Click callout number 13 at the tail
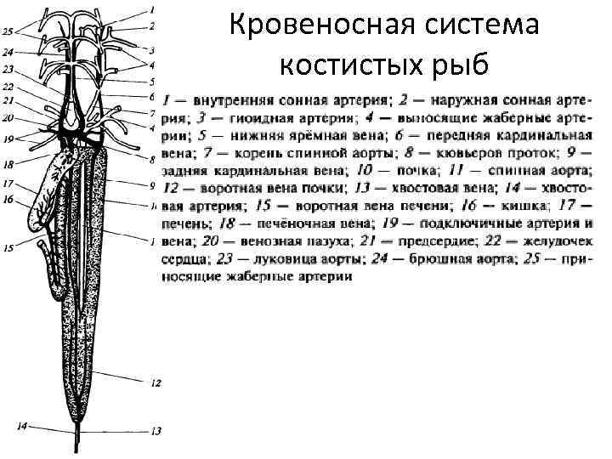coord(156,431)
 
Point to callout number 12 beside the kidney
coord(156,383)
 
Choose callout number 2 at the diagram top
coord(152,25)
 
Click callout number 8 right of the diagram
coord(151,159)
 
